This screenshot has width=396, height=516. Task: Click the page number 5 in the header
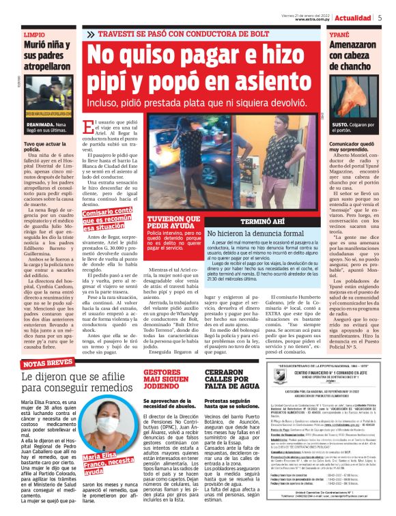380,18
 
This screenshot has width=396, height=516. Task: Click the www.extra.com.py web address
313,20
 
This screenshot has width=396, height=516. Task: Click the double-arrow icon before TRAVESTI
91,33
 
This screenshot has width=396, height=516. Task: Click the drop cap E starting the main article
88,127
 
